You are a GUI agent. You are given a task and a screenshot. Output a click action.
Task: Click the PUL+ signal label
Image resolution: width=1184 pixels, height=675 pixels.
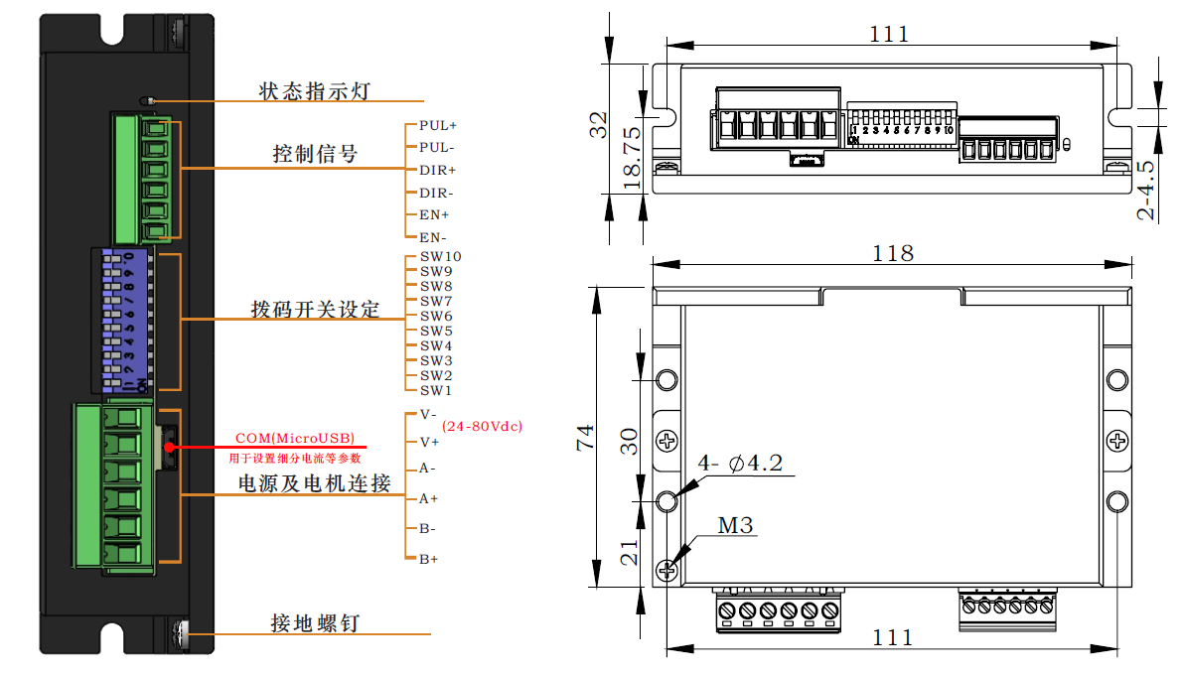click(438, 126)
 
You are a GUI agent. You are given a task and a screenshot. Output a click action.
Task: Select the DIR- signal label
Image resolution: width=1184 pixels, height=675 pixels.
click(436, 193)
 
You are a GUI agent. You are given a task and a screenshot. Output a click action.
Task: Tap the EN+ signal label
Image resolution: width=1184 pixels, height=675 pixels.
click(434, 214)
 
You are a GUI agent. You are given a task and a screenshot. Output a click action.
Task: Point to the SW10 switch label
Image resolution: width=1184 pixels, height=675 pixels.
click(440, 256)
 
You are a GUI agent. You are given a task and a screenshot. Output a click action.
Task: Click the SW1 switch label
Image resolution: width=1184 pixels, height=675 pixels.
click(436, 390)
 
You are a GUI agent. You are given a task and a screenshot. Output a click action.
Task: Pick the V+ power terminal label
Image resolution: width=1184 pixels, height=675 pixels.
click(429, 441)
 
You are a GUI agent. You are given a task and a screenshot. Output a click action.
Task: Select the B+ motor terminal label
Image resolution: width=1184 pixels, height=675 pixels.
click(429, 560)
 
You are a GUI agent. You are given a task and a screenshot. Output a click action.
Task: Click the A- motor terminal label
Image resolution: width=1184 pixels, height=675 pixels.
click(428, 469)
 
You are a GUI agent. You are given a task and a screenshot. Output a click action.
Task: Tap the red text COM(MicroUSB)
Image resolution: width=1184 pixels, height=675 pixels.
click(294, 438)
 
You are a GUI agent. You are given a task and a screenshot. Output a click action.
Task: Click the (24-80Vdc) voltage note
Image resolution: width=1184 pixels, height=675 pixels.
click(483, 426)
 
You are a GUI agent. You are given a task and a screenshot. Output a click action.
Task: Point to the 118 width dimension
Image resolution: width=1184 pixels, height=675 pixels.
click(893, 253)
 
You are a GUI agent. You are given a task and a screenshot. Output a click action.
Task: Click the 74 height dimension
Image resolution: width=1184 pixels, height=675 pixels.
click(585, 438)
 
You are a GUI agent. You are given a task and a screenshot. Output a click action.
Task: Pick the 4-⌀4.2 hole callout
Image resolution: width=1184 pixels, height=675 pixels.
click(741, 464)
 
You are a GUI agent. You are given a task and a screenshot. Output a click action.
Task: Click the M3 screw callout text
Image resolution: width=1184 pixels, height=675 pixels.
click(735, 525)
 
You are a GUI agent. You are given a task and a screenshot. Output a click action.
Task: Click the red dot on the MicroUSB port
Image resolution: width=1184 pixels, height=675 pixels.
click(170, 447)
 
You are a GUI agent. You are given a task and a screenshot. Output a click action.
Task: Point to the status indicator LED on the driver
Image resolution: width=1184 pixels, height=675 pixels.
click(148, 100)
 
